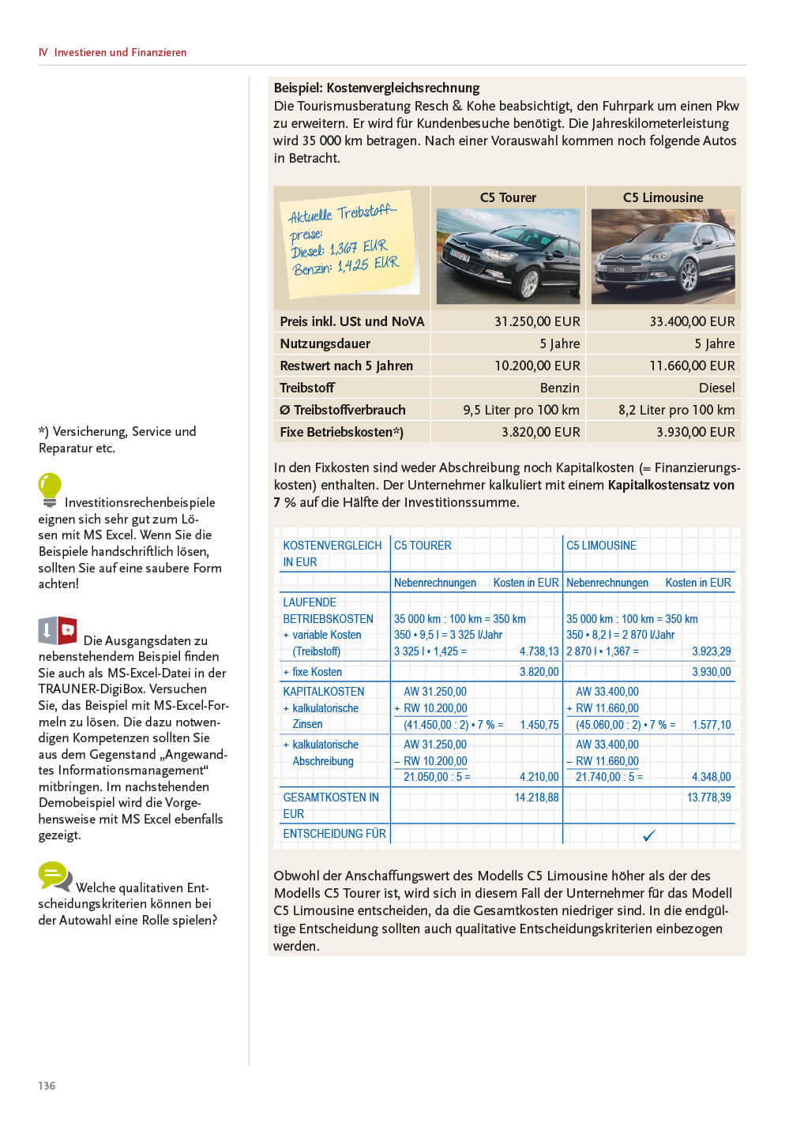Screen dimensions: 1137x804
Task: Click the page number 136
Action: pos(47,1086)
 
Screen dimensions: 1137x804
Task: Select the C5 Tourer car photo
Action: pos(508,255)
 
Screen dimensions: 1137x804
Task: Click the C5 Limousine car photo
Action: pos(663,256)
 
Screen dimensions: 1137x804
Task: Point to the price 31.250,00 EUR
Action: pos(537,321)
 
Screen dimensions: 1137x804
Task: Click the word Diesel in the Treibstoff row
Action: pos(716,388)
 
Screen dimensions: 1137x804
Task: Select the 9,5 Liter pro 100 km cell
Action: pos(521,410)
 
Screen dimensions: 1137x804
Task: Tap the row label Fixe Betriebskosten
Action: pos(341,432)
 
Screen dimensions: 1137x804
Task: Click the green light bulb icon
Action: pos(49,489)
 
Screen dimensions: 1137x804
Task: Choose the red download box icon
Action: pos(58,631)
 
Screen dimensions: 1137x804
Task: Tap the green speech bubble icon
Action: pos(54,876)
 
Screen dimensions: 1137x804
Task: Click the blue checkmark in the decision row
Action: pos(649,835)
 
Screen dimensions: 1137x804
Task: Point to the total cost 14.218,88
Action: pos(536,797)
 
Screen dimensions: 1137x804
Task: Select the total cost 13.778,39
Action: pos(708,797)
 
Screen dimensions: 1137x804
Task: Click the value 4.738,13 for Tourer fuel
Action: pos(539,651)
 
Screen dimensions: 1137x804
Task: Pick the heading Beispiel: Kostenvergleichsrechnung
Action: pos(377,88)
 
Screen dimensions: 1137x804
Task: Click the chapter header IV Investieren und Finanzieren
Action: pos(112,52)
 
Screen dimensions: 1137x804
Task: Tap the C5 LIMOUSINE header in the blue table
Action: pos(601,546)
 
